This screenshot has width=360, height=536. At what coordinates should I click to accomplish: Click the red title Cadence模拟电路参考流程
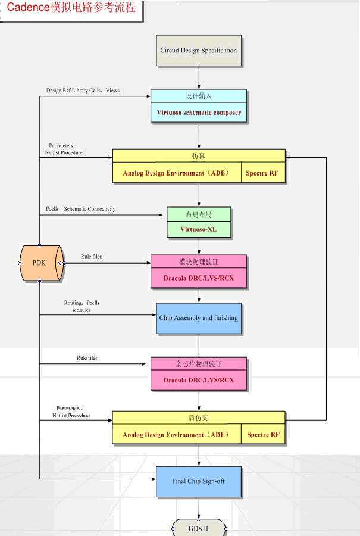tap(71, 8)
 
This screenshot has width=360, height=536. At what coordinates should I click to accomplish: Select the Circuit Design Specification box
tap(199, 51)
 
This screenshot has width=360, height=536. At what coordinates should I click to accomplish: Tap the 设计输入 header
tap(199, 96)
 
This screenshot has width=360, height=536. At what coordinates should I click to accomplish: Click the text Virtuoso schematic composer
tap(199, 112)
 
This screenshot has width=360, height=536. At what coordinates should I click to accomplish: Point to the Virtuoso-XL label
tap(199, 229)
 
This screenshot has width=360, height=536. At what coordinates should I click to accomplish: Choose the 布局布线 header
tap(199, 214)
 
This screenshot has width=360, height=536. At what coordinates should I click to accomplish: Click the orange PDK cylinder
tap(40, 263)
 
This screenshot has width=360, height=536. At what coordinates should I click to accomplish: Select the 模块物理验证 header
tap(199, 263)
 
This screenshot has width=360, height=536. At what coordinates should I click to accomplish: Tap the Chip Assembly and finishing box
tap(199, 318)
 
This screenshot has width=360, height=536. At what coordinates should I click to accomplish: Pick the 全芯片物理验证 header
tap(199, 363)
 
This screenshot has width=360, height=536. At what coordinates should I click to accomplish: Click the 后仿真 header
tap(199, 417)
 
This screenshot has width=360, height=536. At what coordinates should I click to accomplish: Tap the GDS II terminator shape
tap(199, 528)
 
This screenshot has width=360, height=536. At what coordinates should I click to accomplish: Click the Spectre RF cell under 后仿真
tap(263, 435)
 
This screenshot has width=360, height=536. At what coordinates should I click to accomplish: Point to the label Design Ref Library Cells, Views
tap(83, 91)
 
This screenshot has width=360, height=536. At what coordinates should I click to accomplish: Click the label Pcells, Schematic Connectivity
tap(81, 209)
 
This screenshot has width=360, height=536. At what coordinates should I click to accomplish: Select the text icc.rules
tap(82, 310)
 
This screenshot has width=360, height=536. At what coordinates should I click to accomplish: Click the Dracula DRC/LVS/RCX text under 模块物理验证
tap(199, 278)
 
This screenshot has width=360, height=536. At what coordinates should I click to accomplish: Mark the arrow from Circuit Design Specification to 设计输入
tap(199, 77)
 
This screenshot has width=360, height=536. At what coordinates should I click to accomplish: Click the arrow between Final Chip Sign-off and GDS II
tap(199, 508)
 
